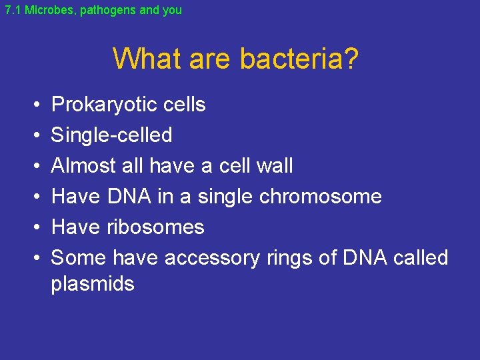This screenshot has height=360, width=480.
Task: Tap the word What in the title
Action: coord(148,59)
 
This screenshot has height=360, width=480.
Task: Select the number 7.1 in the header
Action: coord(13,11)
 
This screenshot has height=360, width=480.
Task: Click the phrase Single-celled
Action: coord(111,135)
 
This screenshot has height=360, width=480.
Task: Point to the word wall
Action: coord(273,166)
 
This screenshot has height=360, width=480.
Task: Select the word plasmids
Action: coord(93,284)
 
